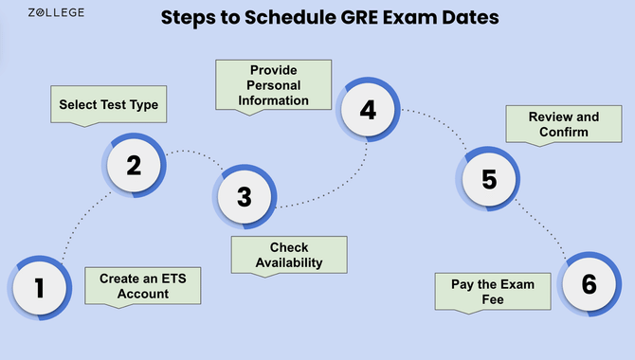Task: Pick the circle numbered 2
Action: (x=134, y=167)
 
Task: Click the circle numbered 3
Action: (x=245, y=196)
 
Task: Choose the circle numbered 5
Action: (x=489, y=178)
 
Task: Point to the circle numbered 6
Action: (x=589, y=284)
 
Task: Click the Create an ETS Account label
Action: (x=142, y=284)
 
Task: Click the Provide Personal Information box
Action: (x=274, y=84)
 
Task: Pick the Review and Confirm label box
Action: (x=565, y=124)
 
